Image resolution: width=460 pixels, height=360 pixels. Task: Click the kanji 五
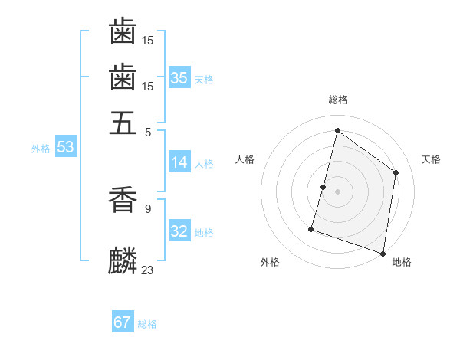point(123,122)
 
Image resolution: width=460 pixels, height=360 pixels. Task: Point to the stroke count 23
point(148,270)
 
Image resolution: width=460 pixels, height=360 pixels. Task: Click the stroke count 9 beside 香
point(148,208)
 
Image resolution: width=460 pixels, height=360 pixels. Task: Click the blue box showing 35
point(179,77)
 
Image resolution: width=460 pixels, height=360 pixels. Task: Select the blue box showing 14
point(179,162)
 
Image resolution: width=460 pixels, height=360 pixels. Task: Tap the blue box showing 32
point(179,232)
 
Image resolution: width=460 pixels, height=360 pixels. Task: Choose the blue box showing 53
point(65,147)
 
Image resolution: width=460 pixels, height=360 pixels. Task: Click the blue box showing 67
point(123,322)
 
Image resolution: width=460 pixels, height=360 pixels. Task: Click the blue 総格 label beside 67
point(147,324)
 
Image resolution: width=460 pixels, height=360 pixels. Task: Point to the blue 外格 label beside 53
point(41,149)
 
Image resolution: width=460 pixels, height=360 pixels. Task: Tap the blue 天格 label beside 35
point(204,79)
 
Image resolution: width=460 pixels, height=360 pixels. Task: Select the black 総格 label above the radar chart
point(337,100)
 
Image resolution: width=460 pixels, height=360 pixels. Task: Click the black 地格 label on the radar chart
point(402,262)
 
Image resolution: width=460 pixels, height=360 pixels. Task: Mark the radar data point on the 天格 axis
point(396,172)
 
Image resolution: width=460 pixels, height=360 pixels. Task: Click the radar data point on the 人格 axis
point(323,187)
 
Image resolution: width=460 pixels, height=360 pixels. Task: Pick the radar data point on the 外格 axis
point(311,228)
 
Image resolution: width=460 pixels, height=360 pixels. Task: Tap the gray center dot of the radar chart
point(337,191)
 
